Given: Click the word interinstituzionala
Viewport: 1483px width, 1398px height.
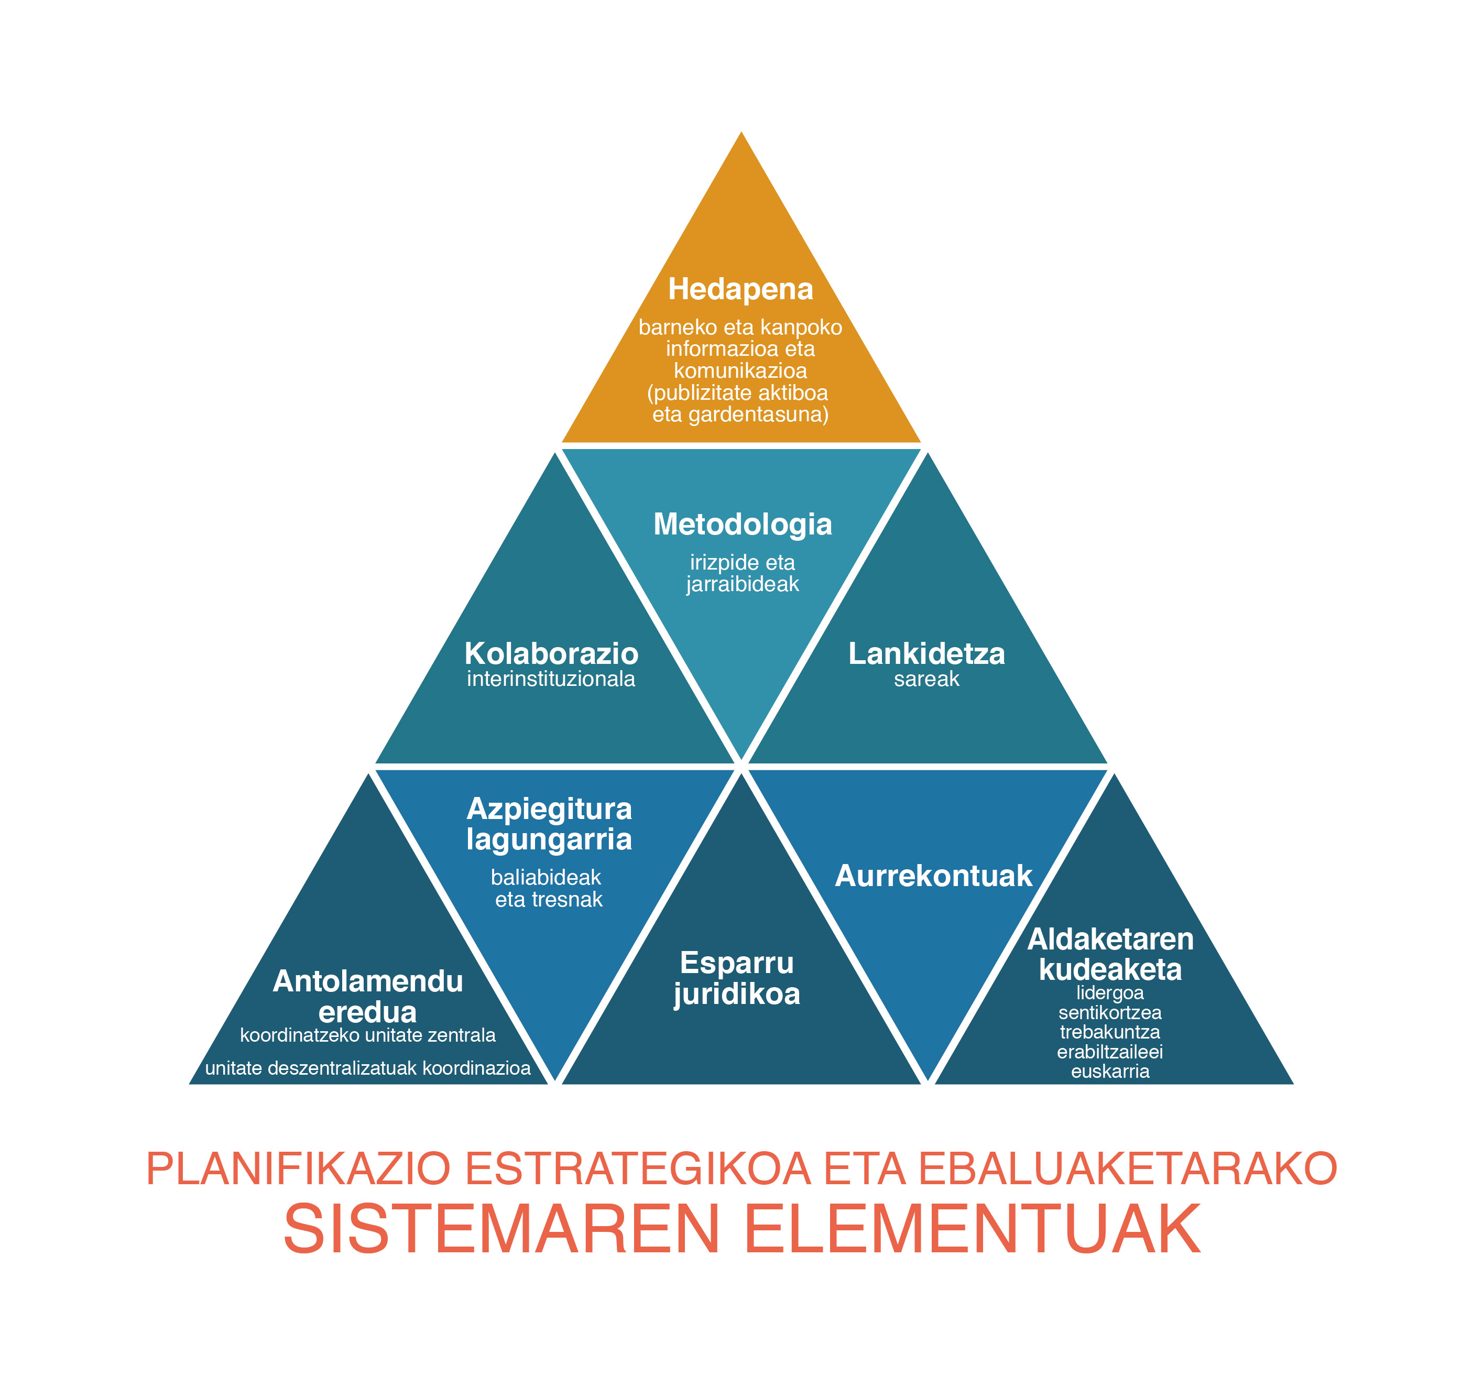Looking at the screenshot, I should (x=551, y=679).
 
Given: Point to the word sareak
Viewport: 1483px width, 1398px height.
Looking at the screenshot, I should (x=926, y=679).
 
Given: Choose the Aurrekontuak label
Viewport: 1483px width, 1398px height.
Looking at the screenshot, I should (x=933, y=876).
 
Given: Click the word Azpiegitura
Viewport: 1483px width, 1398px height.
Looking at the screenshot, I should (x=549, y=809).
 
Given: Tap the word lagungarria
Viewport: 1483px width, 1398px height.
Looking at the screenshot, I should (x=549, y=840).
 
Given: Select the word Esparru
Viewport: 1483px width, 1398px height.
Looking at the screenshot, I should (x=737, y=963).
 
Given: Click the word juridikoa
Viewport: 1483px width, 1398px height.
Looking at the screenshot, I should (x=737, y=995).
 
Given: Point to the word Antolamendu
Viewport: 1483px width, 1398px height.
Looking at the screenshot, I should (x=368, y=982).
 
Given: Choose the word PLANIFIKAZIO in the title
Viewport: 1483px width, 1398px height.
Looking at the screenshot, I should (x=298, y=1169).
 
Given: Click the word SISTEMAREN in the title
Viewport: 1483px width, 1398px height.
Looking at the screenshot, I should (x=500, y=1229).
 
